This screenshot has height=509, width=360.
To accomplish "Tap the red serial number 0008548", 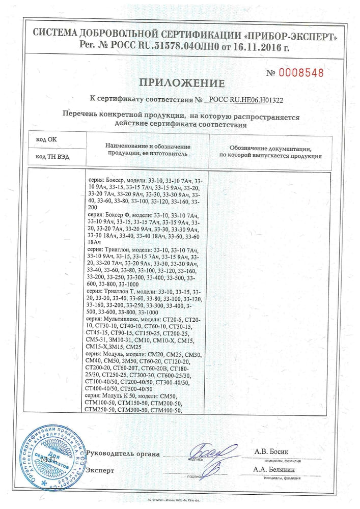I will (301, 72).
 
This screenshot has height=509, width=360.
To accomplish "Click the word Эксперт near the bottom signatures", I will (100, 470).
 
